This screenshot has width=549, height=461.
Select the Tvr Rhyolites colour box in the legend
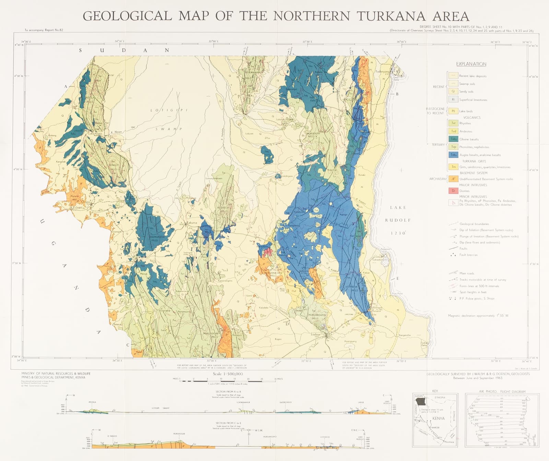pos(453,123)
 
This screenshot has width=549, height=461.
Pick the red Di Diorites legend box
pos(453,191)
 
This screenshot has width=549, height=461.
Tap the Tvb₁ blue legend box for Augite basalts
pos(453,155)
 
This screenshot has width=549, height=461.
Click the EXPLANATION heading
pos(471,64)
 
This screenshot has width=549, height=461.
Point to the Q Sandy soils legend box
pos(453,91)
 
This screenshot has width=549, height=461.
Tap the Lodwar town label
pos(316,334)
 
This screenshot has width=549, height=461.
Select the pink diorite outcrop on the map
pos(269,252)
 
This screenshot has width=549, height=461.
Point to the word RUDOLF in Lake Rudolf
pos(398,220)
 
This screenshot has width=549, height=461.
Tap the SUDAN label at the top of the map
pos(124,50)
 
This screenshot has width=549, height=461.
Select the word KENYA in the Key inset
pos(439,418)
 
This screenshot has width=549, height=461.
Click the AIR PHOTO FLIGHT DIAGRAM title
pos(502,391)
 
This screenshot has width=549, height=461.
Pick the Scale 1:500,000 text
pos(228,374)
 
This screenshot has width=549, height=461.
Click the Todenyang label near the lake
pos(383,72)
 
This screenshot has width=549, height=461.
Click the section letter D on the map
pos(287,323)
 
